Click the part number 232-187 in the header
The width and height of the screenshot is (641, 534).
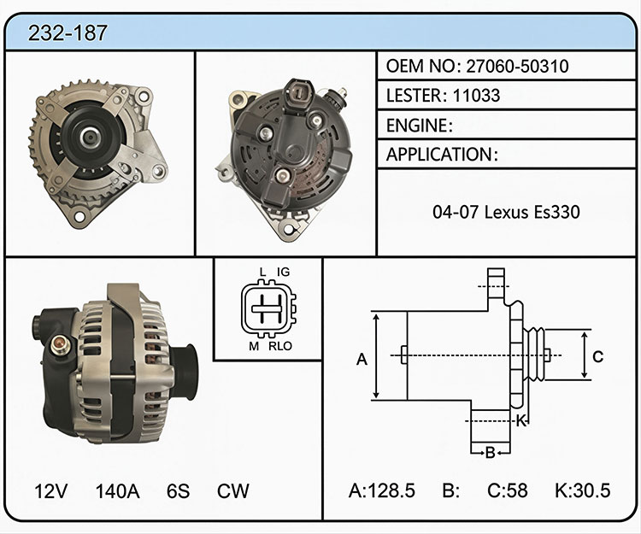pyautogui.click(x=68, y=32)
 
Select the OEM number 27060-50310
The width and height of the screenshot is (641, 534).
pyautogui.click(x=517, y=66)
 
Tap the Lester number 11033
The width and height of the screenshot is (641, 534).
pyautogui.click(x=476, y=95)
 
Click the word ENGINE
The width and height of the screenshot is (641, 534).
pyautogui.click(x=417, y=126)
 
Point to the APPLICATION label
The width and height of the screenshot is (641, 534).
pyautogui.click(x=439, y=155)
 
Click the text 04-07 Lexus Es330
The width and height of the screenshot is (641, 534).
pyautogui.click(x=506, y=212)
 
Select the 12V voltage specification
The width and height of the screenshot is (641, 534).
pyautogui.click(x=50, y=490)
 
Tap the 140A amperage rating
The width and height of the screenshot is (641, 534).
pyautogui.click(x=117, y=490)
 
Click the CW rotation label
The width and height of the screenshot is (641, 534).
pyautogui.click(x=232, y=490)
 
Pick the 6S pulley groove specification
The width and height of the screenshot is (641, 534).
pyautogui.click(x=178, y=490)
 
